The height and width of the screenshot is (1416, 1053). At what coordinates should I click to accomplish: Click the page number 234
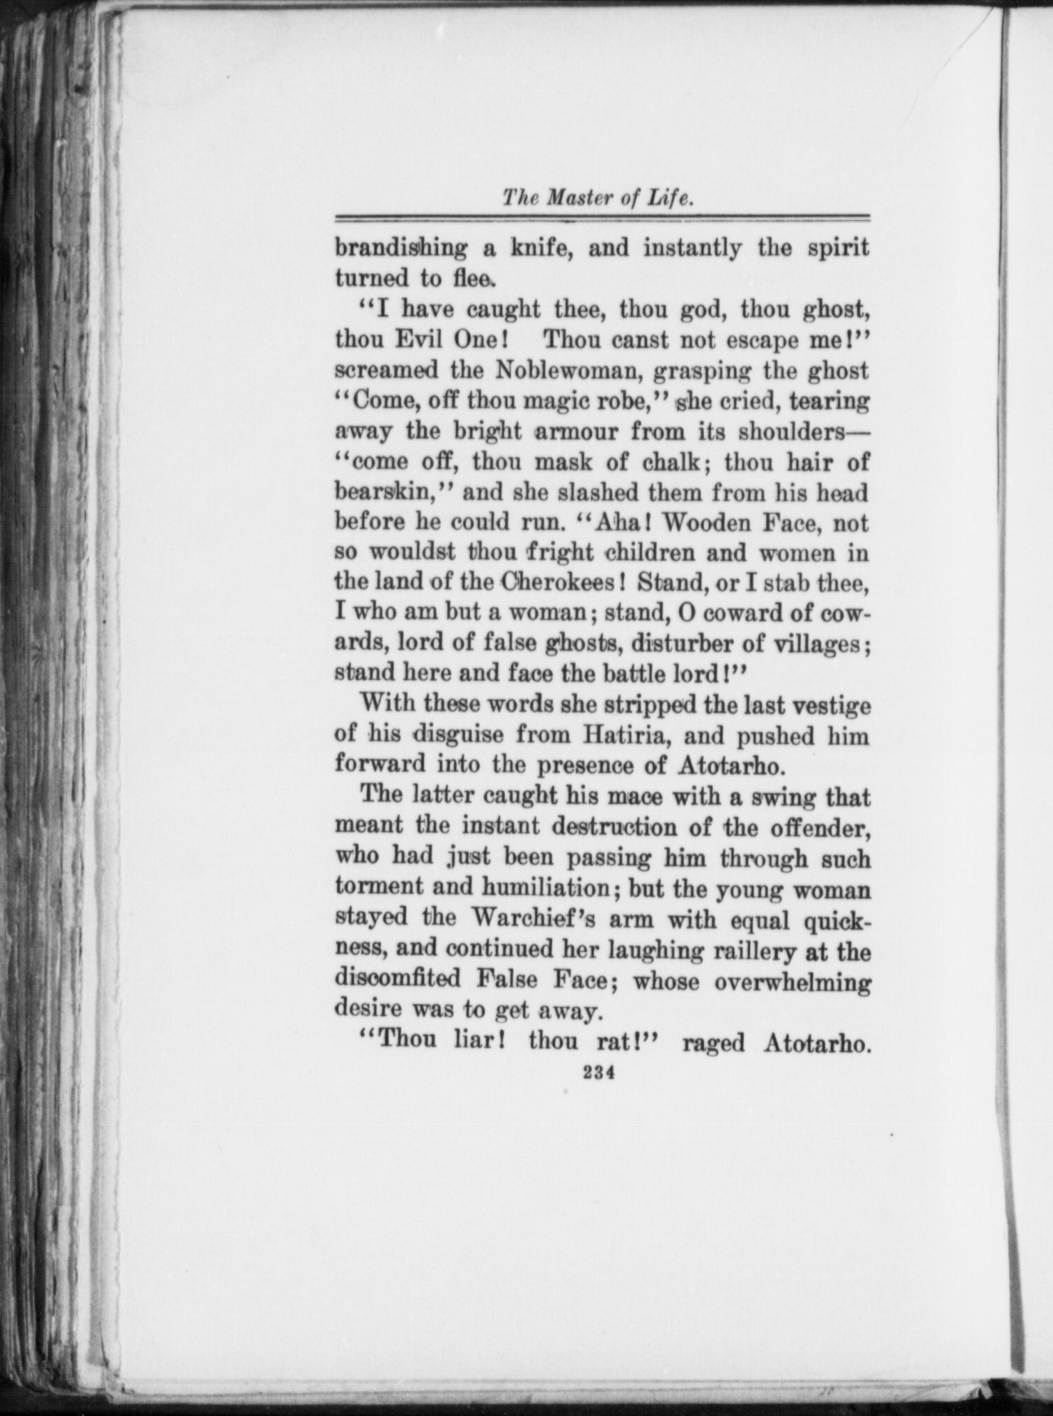click(598, 1074)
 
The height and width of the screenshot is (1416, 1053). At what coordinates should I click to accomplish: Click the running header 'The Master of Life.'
click(598, 199)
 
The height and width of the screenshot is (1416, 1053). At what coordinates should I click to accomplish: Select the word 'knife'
click(535, 249)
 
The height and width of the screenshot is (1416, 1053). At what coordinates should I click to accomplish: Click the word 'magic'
click(552, 401)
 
